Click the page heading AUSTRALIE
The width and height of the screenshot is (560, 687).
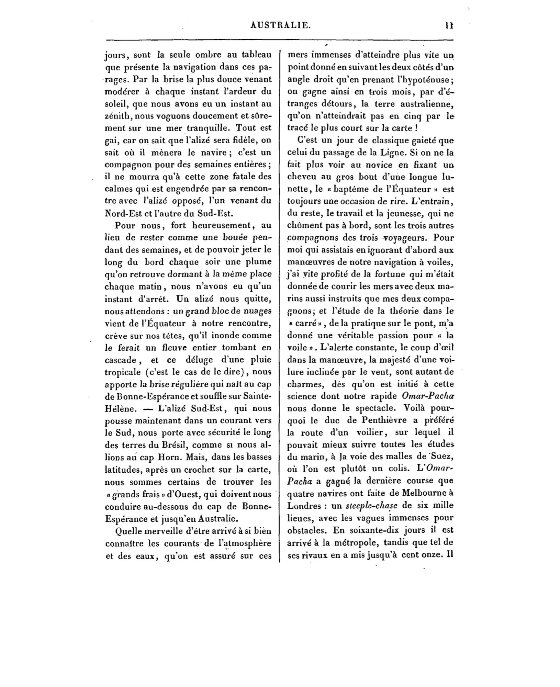(281, 25)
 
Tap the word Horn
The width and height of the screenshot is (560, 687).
(167, 458)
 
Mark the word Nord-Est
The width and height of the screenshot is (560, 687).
(121, 213)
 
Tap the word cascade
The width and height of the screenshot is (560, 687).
(121, 360)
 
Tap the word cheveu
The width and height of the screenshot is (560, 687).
(301, 177)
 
